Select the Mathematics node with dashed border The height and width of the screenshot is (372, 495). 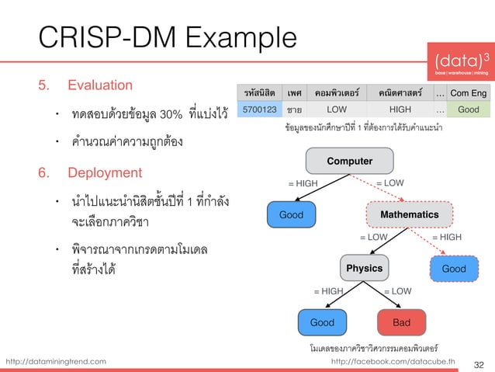click(x=408, y=214)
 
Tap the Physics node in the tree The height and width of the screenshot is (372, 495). click(x=364, y=268)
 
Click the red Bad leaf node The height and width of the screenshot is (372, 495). click(x=401, y=322)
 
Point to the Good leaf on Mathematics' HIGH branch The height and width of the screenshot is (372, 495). click(x=454, y=268)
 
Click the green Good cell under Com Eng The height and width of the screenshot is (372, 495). click(x=468, y=110)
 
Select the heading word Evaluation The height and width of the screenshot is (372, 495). click(x=100, y=84)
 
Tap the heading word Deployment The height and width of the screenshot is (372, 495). click(x=105, y=172)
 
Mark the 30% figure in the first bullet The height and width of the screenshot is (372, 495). click(x=170, y=116)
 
